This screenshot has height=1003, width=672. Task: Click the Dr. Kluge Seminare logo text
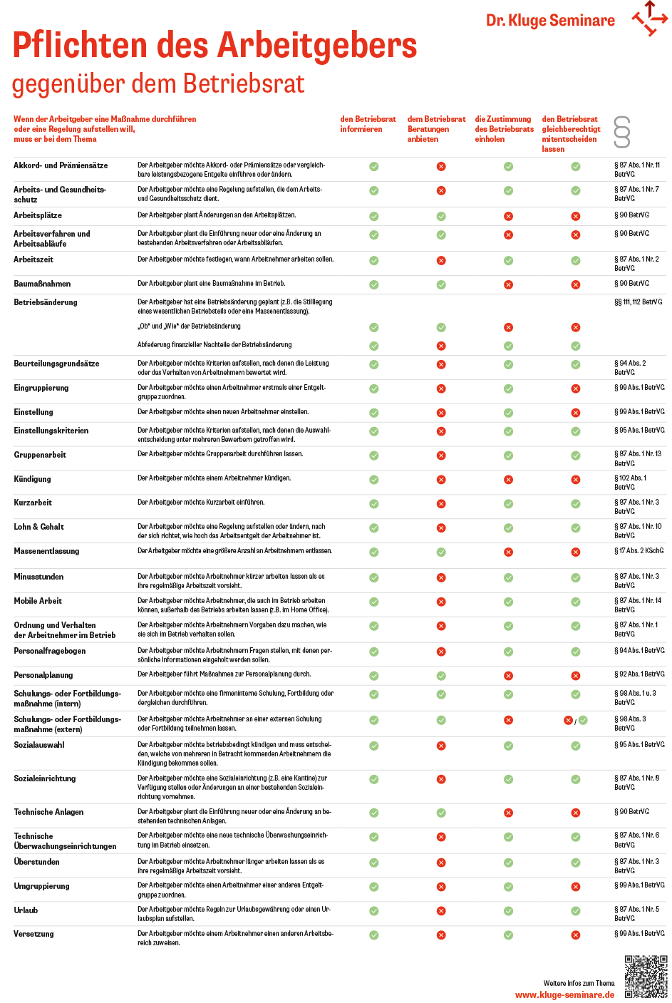tap(550, 21)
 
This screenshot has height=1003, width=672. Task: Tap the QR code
tap(646, 977)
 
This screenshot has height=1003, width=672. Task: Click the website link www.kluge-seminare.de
tap(564, 994)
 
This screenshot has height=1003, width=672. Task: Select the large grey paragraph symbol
tap(622, 132)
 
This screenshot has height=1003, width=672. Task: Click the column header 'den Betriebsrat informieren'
tap(368, 124)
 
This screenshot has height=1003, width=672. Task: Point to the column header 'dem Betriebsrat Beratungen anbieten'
tap(436, 129)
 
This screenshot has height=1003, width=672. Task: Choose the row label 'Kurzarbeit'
tap(33, 503)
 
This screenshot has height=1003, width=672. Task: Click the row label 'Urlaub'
tap(26, 910)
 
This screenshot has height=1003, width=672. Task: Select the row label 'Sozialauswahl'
tap(39, 745)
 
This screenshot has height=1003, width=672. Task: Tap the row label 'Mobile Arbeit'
tap(38, 601)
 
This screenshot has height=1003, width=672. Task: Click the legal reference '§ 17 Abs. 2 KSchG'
tap(639, 550)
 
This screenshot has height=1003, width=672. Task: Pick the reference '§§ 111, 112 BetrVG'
tap(638, 302)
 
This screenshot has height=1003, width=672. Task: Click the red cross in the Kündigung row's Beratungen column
tap(441, 480)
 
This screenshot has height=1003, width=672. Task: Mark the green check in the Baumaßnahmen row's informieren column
tap(374, 284)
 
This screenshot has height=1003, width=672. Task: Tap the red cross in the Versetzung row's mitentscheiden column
tap(576, 935)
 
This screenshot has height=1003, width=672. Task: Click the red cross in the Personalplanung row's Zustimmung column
tap(508, 676)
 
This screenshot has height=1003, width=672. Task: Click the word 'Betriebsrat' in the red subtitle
tap(244, 84)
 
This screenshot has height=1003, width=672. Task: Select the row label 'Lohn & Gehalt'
tap(38, 527)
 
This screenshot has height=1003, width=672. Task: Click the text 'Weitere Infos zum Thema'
tap(579, 983)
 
